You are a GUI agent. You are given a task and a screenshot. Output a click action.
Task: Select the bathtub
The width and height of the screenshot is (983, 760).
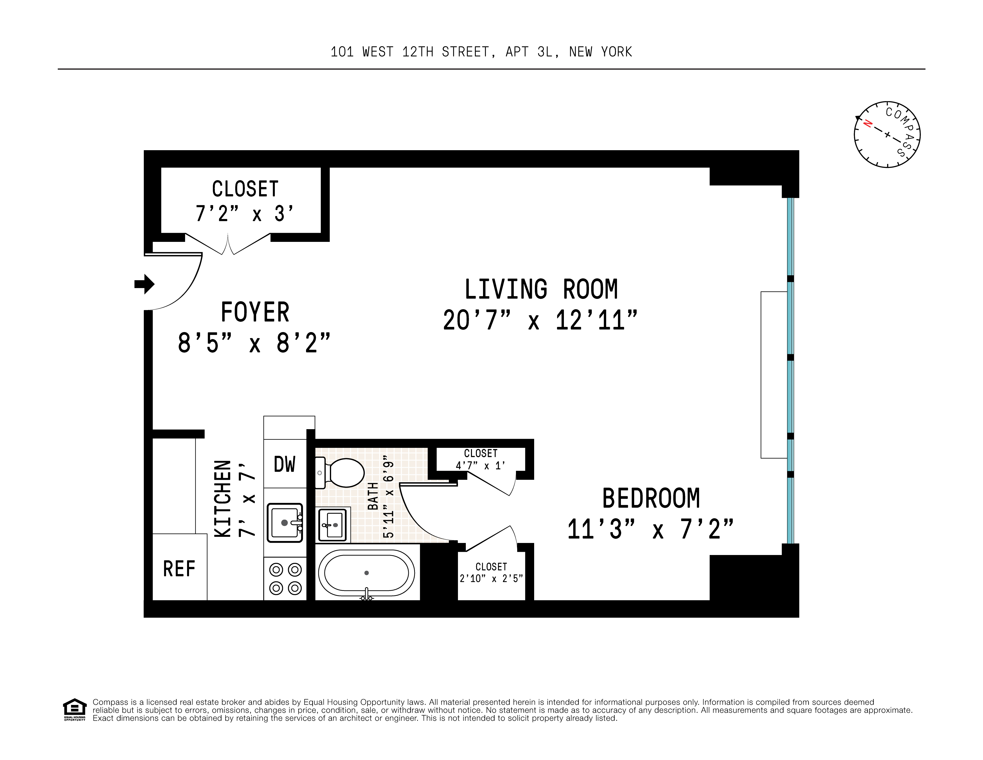[x=367, y=573]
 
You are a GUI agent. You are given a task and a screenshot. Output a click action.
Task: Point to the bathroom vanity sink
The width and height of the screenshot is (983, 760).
[x=333, y=525]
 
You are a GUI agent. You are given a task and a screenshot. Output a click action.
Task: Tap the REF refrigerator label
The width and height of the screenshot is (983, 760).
[x=179, y=569]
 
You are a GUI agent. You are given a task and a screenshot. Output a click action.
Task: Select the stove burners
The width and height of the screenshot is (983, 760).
[x=285, y=579]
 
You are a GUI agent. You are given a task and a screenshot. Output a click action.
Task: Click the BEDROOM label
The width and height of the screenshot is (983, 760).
[x=651, y=498]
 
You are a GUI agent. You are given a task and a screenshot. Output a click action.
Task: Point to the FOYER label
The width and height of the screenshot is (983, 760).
[x=255, y=312]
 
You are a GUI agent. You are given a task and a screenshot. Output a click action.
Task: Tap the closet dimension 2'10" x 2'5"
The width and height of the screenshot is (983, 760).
[x=491, y=579]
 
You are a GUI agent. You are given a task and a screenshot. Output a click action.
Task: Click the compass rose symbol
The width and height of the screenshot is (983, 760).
[x=887, y=134]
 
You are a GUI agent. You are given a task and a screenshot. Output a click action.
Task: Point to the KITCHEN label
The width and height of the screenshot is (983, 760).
[x=223, y=498]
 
